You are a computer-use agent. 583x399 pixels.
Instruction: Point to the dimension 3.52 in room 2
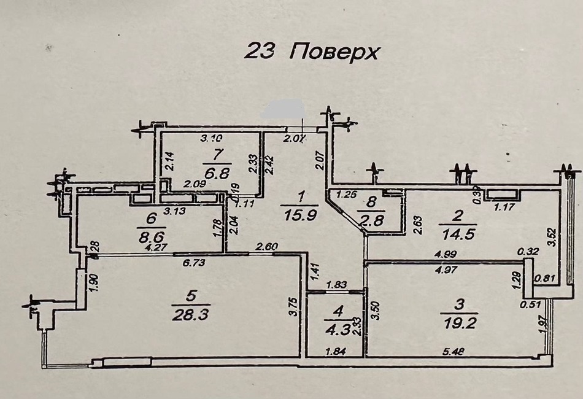pos(551,237)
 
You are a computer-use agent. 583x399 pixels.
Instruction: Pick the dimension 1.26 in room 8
pos(347,196)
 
